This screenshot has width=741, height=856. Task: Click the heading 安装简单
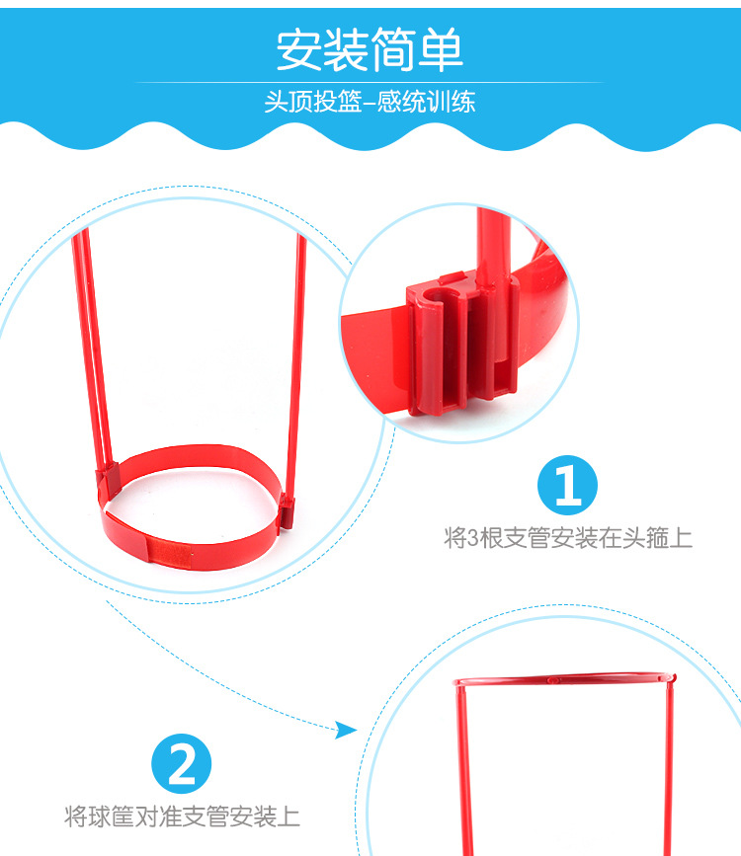click(370, 50)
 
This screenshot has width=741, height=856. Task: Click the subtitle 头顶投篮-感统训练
click(370, 103)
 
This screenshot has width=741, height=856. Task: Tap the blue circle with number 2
click(184, 764)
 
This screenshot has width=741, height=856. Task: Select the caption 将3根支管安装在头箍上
click(568, 539)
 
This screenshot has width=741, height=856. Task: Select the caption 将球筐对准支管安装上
click(183, 817)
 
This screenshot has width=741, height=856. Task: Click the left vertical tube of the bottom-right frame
click(458, 770)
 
